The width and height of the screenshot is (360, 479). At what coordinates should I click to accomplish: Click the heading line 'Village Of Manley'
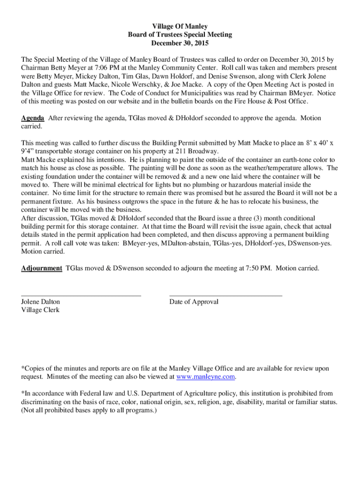pos(180,27)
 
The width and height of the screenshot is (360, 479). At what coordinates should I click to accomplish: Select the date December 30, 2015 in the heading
pos(180,43)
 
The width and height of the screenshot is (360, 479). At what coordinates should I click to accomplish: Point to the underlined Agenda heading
pos(33,118)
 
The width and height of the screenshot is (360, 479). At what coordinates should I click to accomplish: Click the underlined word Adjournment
pos(42,268)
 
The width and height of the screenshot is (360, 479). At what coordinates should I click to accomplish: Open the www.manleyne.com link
pos(205,377)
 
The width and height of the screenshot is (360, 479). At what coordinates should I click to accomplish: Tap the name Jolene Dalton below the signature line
pos(41,302)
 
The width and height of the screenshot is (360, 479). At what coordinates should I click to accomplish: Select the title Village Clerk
pos(41,310)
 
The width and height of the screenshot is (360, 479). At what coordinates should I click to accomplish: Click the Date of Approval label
pos(194,302)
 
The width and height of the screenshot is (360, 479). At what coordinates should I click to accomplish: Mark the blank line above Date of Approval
pos(225,296)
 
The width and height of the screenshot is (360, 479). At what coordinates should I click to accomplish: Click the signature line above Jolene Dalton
pos(81,296)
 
